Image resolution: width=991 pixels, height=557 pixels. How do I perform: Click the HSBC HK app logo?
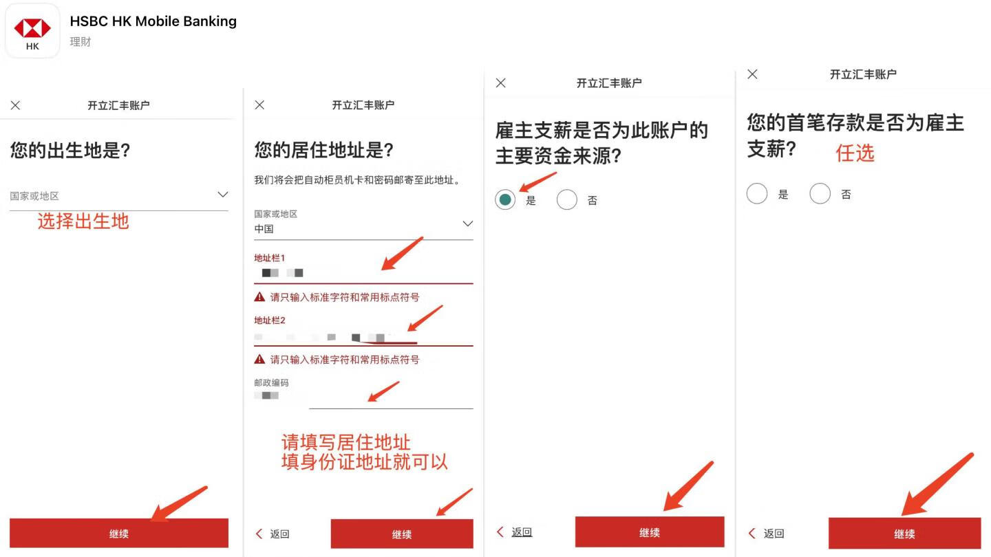[32, 30]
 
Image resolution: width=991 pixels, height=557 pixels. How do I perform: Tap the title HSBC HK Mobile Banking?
[153, 21]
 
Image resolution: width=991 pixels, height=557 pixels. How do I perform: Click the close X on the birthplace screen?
[15, 105]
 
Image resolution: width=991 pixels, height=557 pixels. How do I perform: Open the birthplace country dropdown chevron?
[222, 195]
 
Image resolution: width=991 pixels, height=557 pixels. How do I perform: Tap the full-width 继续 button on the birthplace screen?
[118, 534]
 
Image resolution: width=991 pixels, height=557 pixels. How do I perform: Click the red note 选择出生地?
[83, 221]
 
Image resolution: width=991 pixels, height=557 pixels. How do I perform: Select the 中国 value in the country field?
[264, 229]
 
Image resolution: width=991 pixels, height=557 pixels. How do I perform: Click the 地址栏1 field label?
[270, 258]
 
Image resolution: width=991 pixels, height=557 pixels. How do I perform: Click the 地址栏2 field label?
[270, 320]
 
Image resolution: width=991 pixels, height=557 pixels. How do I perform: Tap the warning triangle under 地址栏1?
[259, 297]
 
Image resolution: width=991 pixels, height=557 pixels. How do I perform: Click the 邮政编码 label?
[271, 382]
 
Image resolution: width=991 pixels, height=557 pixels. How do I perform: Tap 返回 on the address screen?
[273, 534]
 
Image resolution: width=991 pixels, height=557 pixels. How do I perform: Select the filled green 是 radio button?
[505, 200]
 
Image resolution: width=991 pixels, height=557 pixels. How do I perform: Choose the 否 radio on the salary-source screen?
[567, 200]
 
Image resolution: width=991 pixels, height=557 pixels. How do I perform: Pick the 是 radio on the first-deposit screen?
[757, 194]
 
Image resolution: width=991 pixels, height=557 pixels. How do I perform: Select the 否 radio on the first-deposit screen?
[820, 194]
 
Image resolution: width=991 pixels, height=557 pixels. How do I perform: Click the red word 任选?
[855, 153]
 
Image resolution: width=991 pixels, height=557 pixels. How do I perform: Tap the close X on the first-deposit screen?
[752, 74]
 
